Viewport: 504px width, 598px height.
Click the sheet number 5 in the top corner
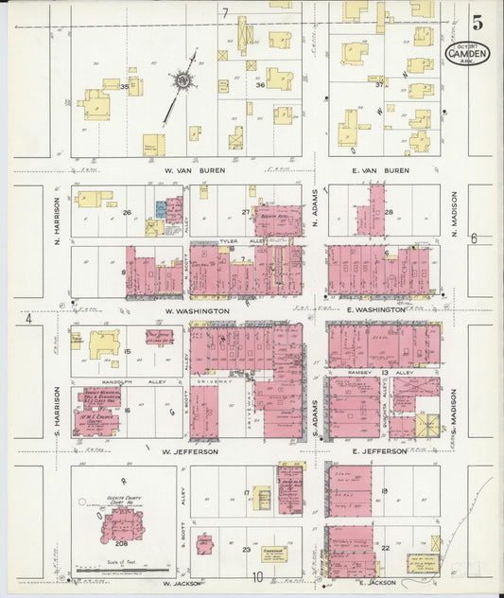478,19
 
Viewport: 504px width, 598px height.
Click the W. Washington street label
197,310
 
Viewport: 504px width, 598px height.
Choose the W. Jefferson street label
191,452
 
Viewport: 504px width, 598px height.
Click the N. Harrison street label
58,217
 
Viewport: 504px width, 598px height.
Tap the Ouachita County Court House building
123,522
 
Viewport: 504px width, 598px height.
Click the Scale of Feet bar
123,572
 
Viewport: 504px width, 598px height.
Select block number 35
125,86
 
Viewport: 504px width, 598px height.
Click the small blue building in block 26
161,207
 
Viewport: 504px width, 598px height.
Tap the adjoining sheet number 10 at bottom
256,577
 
